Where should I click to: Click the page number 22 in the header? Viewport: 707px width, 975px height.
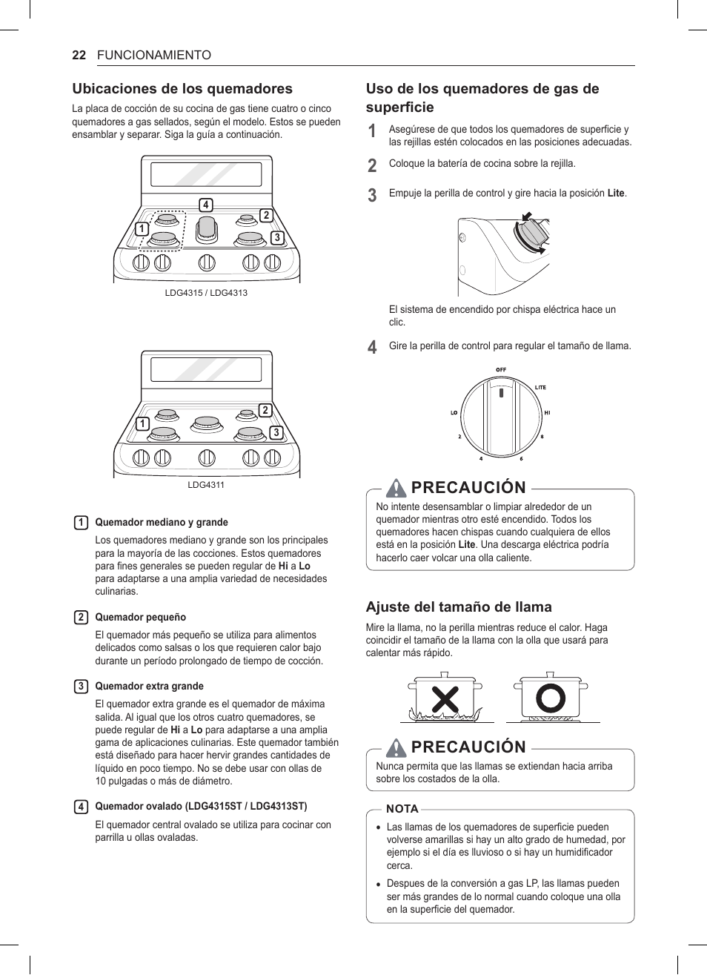(79, 56)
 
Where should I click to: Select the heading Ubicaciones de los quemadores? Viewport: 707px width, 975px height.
(182, 89)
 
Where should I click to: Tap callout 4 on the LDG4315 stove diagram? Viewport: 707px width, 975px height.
(206, 205)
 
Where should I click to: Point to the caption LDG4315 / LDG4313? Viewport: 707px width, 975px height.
(206, 293)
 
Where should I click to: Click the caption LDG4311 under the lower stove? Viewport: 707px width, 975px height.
(206, 485)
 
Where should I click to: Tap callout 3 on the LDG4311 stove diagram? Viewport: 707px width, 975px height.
(276, 433)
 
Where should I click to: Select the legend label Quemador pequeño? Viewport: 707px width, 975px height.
(140, 617)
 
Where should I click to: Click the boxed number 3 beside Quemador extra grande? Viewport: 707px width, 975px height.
(81, 687)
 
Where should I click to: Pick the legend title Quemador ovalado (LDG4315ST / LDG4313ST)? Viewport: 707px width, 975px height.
(201, 806)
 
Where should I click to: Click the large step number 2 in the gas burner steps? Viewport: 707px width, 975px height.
(372, 165)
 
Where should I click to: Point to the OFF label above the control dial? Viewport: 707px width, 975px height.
(501, 370)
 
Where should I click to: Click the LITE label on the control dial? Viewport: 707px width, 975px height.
(540, 387)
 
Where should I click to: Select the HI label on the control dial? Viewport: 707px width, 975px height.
(547, 412)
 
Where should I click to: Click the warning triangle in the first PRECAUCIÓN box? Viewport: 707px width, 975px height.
(396, 487)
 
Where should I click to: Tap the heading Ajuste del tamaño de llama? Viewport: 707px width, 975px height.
(459, 607)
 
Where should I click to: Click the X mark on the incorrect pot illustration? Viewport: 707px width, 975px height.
(445, 699)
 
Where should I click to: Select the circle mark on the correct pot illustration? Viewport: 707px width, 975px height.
(551, 698)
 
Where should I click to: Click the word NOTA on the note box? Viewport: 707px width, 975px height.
(402, 809)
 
